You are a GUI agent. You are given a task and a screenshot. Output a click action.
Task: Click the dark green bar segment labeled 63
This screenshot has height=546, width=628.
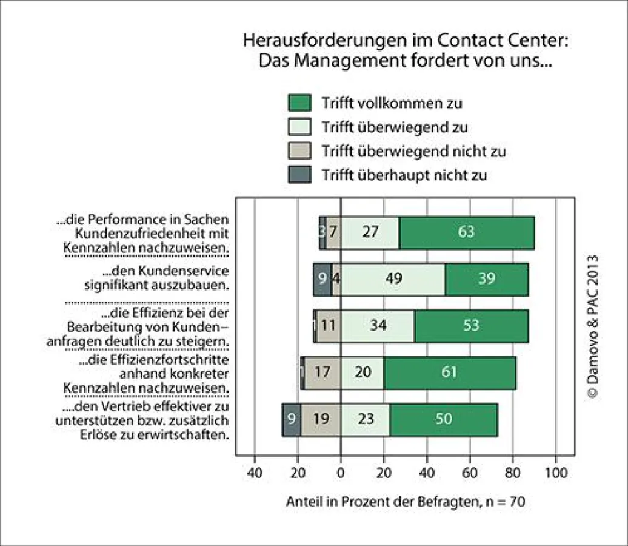pyautogui.click(x=467, y=232)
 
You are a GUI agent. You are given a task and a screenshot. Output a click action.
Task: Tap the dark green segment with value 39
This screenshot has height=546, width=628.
pyautogui.click(x=486, y=278)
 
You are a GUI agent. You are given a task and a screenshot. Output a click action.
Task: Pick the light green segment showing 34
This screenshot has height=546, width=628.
pyautogui.click(x=378, y=325)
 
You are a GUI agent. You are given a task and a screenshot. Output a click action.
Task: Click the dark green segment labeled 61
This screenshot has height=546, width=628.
pyautogui.click(x=449, y=372)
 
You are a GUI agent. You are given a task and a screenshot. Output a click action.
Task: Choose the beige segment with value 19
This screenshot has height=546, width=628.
pyautogui.click(x=321, y=419)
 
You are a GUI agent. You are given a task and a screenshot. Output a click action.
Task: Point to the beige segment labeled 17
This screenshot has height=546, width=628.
pyautogui.click(x=322, y=372)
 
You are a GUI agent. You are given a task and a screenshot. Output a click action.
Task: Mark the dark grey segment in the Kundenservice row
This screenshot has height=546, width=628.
pyautogui.click(x=322, y=278)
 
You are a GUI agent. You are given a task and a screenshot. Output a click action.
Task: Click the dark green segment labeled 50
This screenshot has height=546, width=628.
pyautogui.click(x=443, y=419)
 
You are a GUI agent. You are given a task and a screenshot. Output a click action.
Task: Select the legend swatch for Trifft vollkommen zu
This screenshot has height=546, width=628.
pyautogui.click(x=299, y=103)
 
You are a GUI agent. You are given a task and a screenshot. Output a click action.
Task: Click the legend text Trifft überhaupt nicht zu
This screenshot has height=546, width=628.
pyautogui.click(x=405, y=175)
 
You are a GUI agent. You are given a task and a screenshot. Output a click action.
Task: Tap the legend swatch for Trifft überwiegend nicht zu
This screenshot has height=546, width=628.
pyautogui.click(x=299, y=151)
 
